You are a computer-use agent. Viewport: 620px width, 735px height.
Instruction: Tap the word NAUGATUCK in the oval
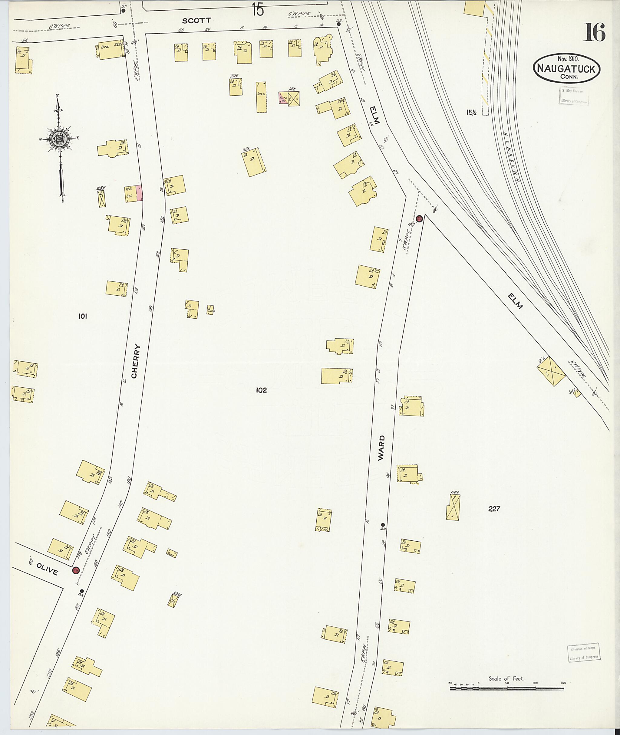tap(567, 69)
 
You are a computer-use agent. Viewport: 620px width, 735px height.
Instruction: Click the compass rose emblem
tap(58, 139)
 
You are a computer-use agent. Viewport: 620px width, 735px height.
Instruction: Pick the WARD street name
tap(381, 448)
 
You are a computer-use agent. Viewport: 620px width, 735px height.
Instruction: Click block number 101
tap(82, 316)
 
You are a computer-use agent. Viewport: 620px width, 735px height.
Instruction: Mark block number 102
tap(262, 390)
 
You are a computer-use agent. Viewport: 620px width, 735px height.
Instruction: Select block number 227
tap(494, 508)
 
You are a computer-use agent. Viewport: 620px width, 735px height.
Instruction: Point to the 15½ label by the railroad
tap(471, 113)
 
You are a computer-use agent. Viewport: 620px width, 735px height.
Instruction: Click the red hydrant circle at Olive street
tap(75, 570)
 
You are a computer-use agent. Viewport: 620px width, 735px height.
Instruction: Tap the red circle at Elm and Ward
tap(419, 219)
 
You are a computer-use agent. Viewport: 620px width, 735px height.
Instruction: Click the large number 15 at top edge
tap(258, 9)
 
